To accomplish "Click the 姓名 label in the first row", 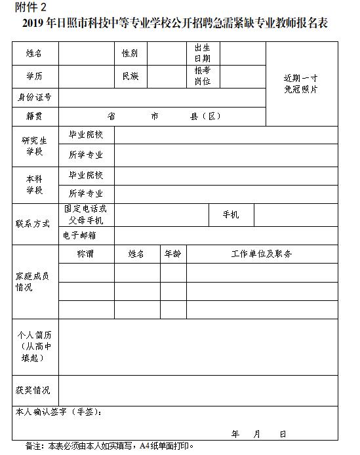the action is click(34, 53).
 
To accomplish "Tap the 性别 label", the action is click(130, 53).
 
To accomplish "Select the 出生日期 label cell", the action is click(202, 53).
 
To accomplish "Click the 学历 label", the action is click(34, 77).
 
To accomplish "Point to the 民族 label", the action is click(130, 77).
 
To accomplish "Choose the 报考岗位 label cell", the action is click(202, 77).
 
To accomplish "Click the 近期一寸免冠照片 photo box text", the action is click(301, 84).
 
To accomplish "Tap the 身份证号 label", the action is click(34, 98).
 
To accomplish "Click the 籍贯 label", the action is click(34, 117).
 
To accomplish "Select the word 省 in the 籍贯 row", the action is click(111, 117).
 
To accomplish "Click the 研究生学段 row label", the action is click(34, 146).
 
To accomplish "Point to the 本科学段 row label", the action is click(34, 184).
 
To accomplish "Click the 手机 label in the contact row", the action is click(231, 215).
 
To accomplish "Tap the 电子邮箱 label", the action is click(79, 235).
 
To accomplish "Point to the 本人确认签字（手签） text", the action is click(58, 412).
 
